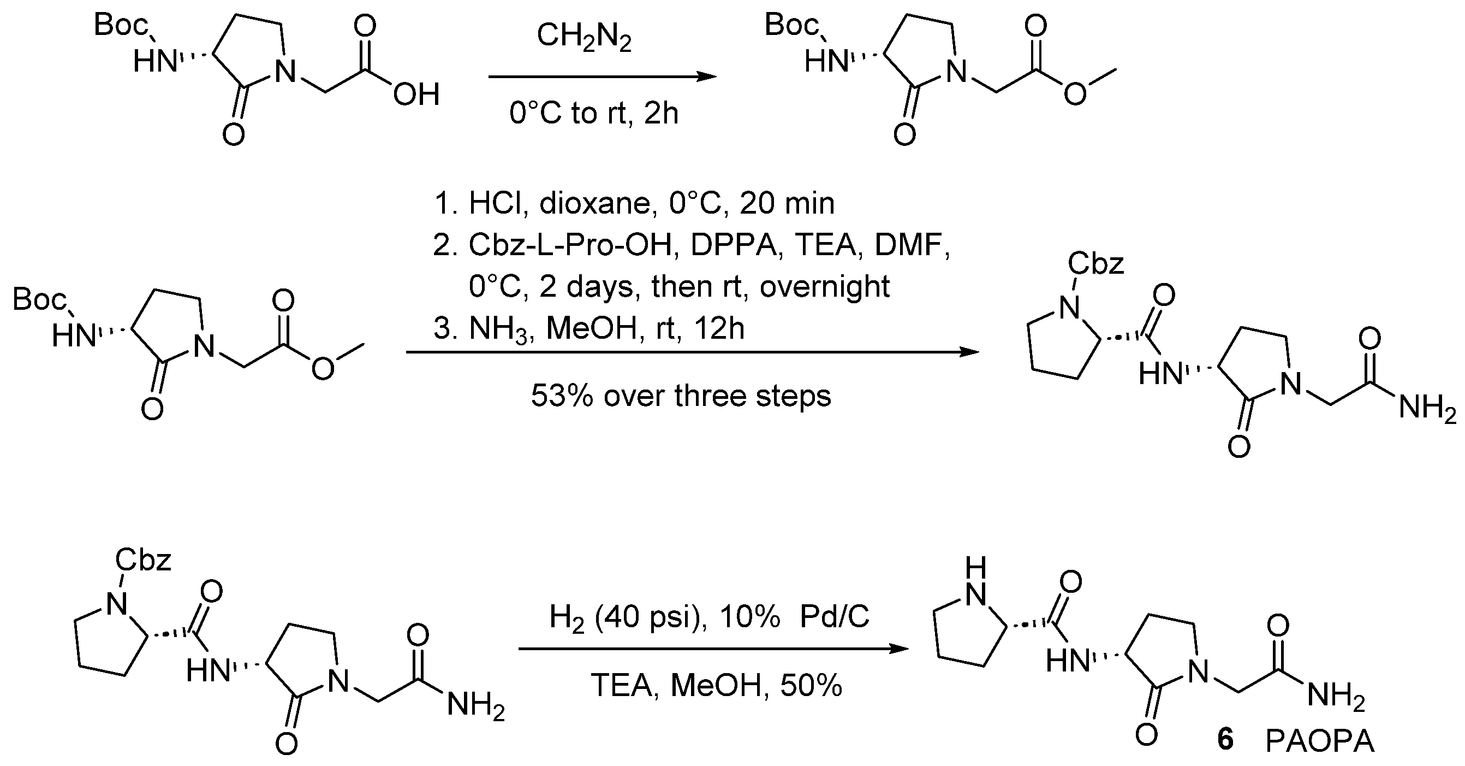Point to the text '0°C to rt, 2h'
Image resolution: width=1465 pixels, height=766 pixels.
tap(594, 113)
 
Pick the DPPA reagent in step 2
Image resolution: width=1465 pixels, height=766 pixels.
tap(734, 245)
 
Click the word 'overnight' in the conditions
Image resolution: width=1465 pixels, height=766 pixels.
tap(824, 287)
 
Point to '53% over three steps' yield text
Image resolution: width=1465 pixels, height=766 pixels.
tap(681, 396)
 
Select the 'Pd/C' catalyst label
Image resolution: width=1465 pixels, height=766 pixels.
tap(835, 616)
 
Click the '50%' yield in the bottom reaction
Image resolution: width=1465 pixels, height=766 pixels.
tap(811, 686)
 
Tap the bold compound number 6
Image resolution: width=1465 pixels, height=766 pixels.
tap(1225, 740)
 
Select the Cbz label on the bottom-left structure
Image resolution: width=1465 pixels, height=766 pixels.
tap(143, 561)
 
